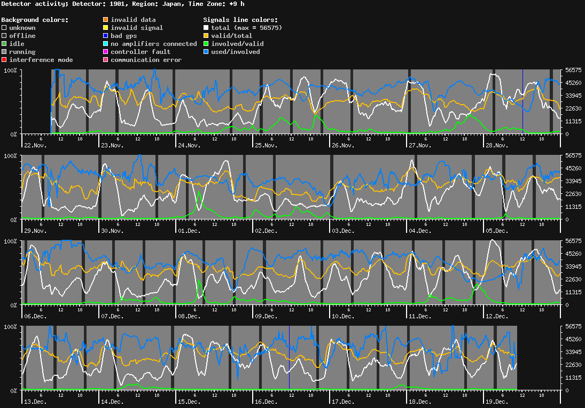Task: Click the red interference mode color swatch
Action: [x=4, y=60]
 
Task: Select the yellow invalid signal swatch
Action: [x=106, y=28]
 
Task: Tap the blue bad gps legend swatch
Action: [x=106, y=36]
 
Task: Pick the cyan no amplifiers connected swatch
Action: [x=106, y=44]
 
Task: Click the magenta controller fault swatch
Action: [x=106, y=52]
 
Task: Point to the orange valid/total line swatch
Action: [x=206, y=36]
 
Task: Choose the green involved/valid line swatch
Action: [x=206, y=44]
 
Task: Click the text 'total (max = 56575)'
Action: [x=246, y=28]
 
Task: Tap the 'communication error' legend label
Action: [x=146, y=60]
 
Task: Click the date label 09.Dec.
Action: [x=267, y=316]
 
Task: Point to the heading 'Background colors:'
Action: [x=35, y=20]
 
